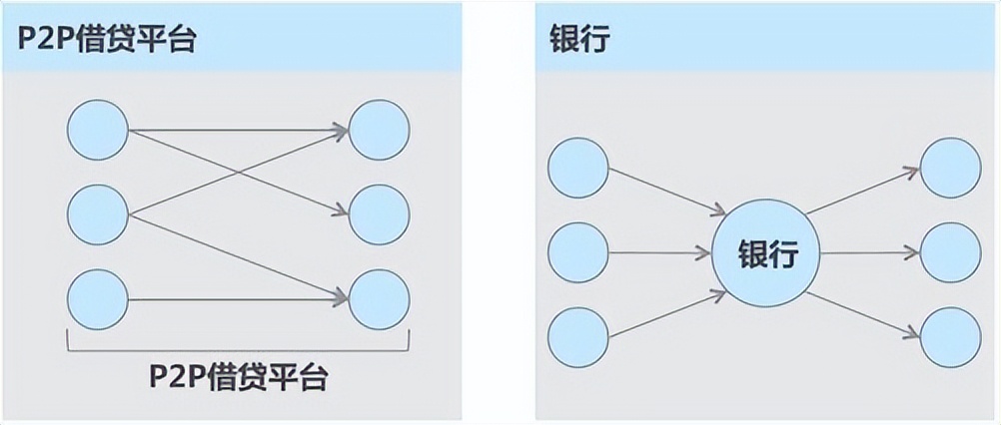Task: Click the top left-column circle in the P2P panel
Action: click(x=98, y=129)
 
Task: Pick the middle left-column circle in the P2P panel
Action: click(x=98, y=214)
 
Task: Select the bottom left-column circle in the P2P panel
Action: click(x=98, y=298)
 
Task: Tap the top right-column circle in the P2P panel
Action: click(x=380, y=129)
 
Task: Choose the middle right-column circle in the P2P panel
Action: click(x=380, y=214)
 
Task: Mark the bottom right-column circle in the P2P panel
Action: click(x=380, y=298)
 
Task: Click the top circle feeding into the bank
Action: click(x=578, y=168)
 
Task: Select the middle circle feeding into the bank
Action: click(x=578, y=251)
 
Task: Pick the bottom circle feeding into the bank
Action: click(x=578, y=336)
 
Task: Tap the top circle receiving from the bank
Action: click(x=950, y=168)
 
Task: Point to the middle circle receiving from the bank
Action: click(x=950, y=251)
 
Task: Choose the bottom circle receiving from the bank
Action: click(x=950, y=336)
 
